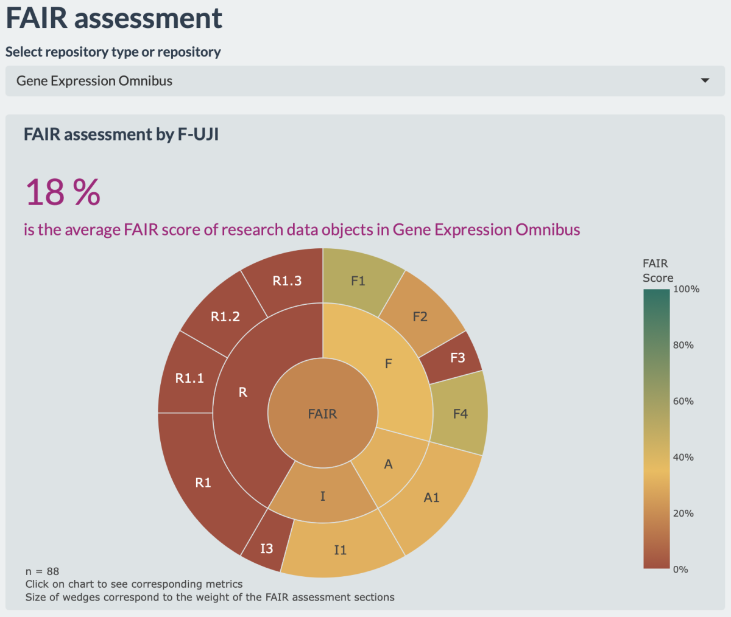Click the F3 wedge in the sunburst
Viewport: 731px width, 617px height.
[457, 358]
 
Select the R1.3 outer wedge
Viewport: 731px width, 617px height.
[287, 281]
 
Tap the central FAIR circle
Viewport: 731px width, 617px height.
[322, 414]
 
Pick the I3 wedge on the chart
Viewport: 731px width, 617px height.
[266, 548]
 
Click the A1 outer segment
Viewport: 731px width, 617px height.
[431, 497]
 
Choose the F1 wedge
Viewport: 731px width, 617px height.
[358, 281]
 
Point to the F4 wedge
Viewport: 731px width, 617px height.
[460, 414]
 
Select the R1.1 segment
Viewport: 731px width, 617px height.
[189, 378]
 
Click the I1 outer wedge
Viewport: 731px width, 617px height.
[340, 549]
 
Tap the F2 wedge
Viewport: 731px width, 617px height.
[420, 316]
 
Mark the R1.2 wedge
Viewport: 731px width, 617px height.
[225, 316]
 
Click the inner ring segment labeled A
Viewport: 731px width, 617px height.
[389, 464]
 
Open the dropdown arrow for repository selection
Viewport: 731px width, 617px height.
[705, 81]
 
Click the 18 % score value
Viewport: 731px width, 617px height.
[63, 192]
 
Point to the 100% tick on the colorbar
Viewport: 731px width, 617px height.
[686, 289]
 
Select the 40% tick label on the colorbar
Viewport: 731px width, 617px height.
[683, 457]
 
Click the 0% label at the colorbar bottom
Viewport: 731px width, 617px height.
[680, 569]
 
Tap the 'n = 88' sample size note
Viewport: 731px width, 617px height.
[42, 571]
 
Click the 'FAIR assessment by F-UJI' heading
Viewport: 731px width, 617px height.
[121, 134]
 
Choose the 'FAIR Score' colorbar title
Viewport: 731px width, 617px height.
[657, 271]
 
